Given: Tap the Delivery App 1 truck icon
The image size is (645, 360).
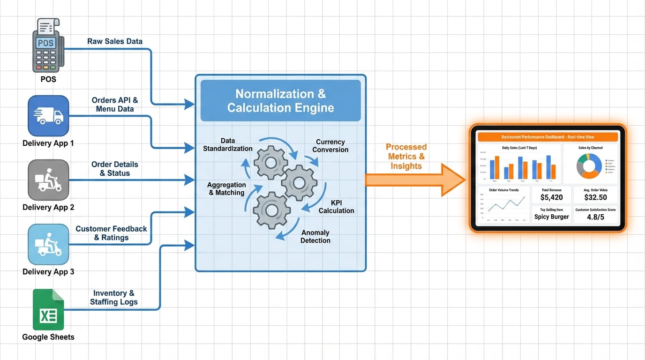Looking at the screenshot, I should click(48, 116).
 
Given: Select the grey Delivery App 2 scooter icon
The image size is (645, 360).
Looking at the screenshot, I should click(48, 180).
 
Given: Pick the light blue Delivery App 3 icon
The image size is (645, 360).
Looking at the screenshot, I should click(48, 244).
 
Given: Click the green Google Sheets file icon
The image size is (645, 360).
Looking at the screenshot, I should click(48, 310).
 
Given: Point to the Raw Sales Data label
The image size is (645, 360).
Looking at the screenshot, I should click(114, 41).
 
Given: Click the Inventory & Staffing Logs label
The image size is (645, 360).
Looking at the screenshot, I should click(113, 297).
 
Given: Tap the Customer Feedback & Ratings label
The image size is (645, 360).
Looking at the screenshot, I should click(111, 233).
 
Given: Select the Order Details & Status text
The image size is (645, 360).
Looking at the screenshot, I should click(114, 169).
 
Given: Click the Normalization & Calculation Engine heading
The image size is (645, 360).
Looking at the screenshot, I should click(280, 101).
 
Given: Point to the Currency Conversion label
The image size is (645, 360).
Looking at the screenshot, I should click(330, 146).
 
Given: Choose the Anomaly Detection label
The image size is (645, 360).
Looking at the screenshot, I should click(315, 236).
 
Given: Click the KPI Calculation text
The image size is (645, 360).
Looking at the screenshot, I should click(336, 207).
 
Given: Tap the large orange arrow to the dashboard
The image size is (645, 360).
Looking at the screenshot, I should click(412, 180).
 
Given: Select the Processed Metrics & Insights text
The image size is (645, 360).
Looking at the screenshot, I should click(406, 157).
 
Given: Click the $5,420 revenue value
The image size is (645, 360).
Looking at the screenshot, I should click(551, 197).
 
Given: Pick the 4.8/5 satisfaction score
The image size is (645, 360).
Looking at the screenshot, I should click(595, 217).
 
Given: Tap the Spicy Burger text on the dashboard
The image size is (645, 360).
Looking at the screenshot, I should click(551, 217).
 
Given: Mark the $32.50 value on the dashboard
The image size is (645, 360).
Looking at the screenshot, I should click(595, 197).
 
